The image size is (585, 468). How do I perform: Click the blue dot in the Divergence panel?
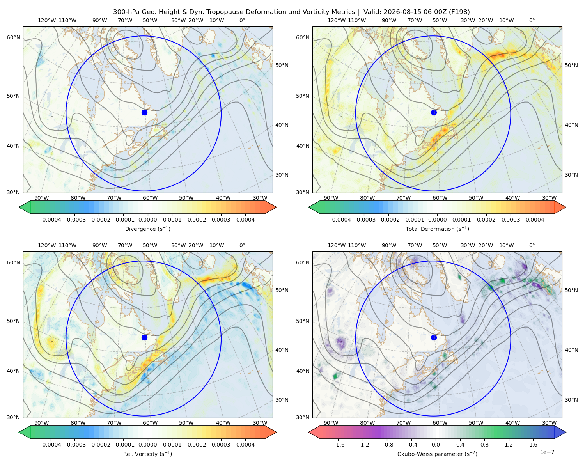144,112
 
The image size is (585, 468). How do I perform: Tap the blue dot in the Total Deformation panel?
434,112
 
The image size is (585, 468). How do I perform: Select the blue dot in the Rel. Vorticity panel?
144,337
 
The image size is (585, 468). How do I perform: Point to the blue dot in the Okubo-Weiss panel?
434,337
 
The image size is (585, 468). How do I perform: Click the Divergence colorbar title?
147,229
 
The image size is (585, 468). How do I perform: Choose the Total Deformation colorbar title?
437,229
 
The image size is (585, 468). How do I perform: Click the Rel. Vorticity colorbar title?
147,454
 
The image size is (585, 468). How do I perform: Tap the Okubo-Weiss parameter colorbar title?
437,454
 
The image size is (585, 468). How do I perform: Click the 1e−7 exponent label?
547,452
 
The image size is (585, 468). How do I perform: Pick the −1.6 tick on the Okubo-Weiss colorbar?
338,445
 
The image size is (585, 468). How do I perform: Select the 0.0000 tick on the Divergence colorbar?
147,220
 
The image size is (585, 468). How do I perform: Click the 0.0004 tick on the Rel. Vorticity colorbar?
245,445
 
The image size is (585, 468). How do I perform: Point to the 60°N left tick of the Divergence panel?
13,37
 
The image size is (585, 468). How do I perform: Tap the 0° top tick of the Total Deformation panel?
532,20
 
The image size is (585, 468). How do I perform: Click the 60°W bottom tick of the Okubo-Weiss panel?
440,423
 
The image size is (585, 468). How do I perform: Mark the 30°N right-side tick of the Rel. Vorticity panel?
282,400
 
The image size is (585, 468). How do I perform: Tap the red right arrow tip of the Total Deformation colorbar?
566,207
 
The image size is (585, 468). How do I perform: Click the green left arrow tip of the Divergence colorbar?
19,207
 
